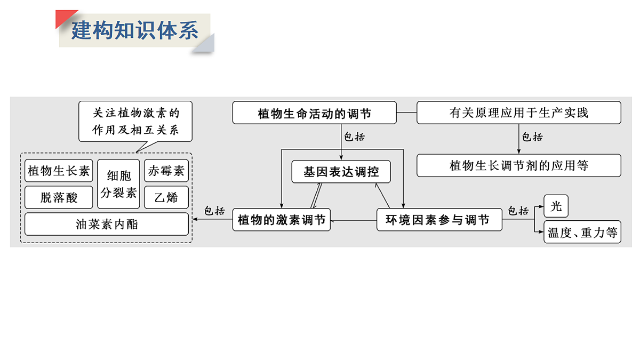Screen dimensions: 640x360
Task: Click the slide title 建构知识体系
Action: coord(134,30)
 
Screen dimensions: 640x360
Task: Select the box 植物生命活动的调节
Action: coord(314,113)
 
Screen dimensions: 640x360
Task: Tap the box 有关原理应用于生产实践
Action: coord(518,113)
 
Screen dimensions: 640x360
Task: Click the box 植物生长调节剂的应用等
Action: coord(518,165)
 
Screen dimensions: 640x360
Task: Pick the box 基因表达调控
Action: coord(341,172)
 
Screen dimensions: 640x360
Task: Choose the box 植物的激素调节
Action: coord(281,220)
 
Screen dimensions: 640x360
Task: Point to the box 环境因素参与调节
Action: coord(439,220)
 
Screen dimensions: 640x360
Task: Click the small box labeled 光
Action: coord(556,206)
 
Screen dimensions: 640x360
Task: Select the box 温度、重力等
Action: coord(582,232)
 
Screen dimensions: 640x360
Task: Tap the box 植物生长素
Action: coord(59,171)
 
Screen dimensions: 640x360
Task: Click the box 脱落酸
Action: coord(59,197)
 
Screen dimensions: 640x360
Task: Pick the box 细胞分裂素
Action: coord(119,184)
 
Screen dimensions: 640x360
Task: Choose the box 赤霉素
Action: coord(166,171)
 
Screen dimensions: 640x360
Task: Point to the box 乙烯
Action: coord(166,197)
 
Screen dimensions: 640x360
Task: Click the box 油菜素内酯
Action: coord(107,224)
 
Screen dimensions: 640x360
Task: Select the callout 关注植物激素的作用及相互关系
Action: coord(135,121)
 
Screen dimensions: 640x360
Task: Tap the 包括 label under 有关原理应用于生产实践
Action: coord(532,137)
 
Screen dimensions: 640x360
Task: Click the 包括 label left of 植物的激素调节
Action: coord(214,211)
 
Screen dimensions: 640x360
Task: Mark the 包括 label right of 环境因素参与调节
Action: coord(518,211)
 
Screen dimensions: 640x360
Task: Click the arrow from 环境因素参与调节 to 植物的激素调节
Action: coord(354,220)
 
